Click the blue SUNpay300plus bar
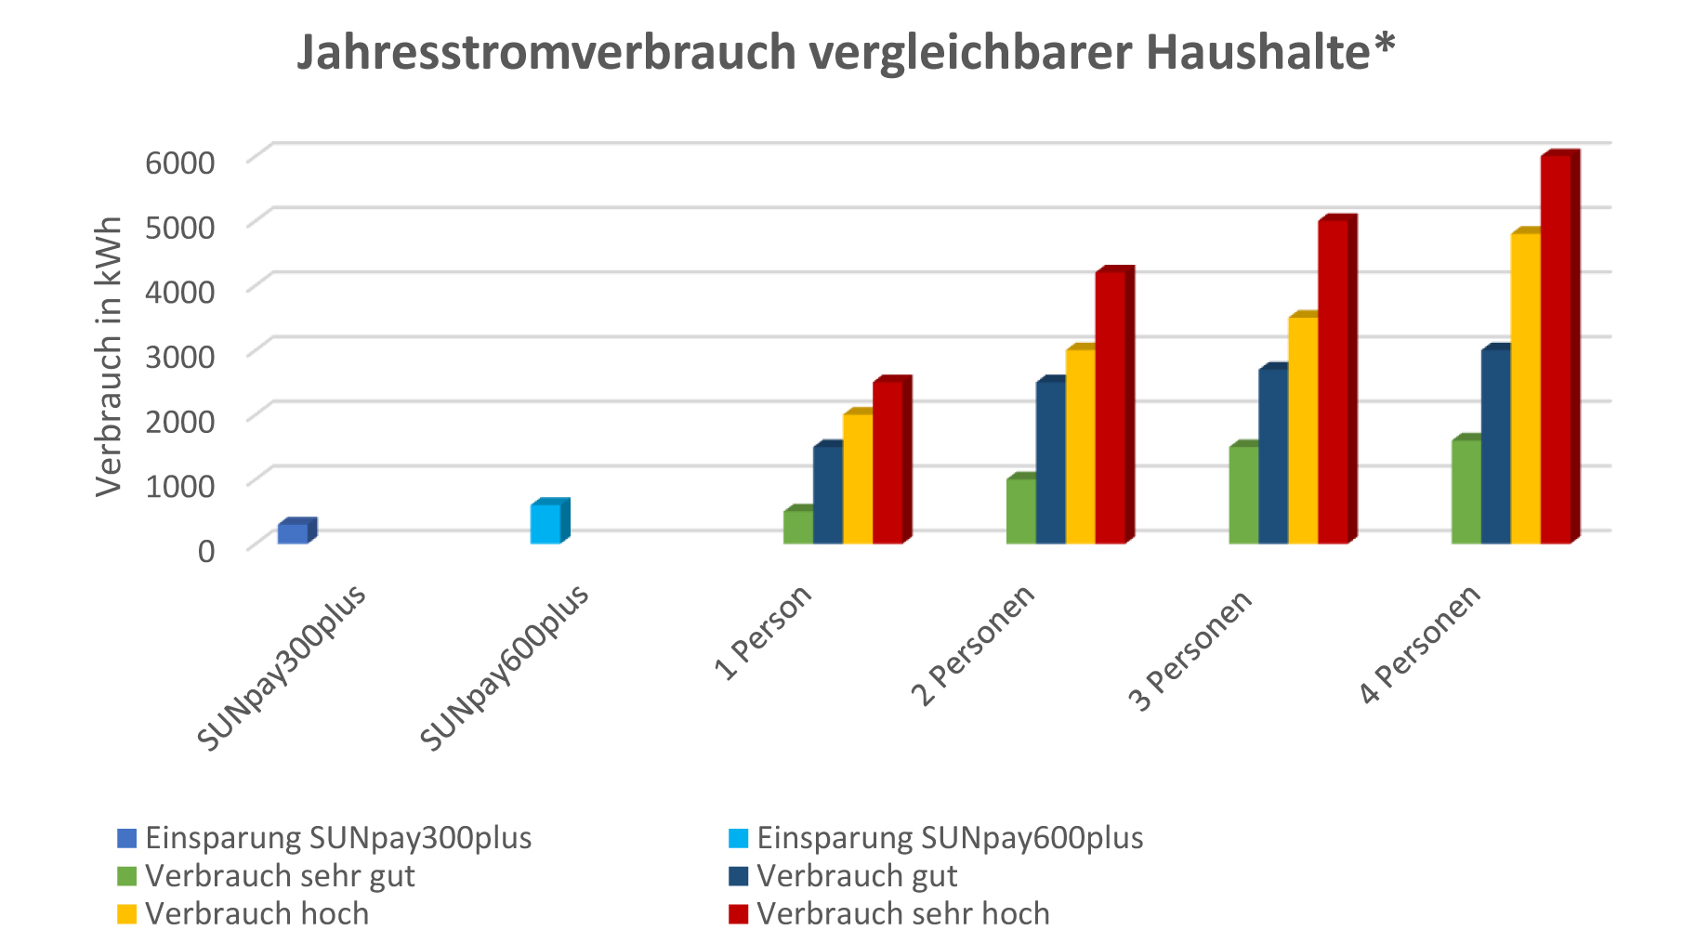pyautogui.click(x=293, y=533)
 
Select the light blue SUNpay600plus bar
pyautogui.click(x=546, y=523)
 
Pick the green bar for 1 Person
pyautogui.click(x=798, y=527)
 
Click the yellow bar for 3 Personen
pyautogui.click(x=1303, y=430)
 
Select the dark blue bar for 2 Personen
pyautogui.click(x=1051, y=463)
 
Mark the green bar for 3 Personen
pyautogui.click(x=1243, y=495)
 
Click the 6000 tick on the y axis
pyautogui.click(x=180, y=162)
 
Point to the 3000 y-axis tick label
pyautogui.click(x=180, y=355)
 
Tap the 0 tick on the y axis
pyautogui.click(x=206, y=549)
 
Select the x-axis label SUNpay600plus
pyautogui.click(x=504, y=667)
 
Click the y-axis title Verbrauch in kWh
pyautogui.click(x=110, y=356)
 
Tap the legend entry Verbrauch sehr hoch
pyautogui.click(x=902, y=913)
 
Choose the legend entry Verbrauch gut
pyautogui.click(x=856, y=875)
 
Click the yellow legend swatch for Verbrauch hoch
pyautogui.click(x=127, y=913)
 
